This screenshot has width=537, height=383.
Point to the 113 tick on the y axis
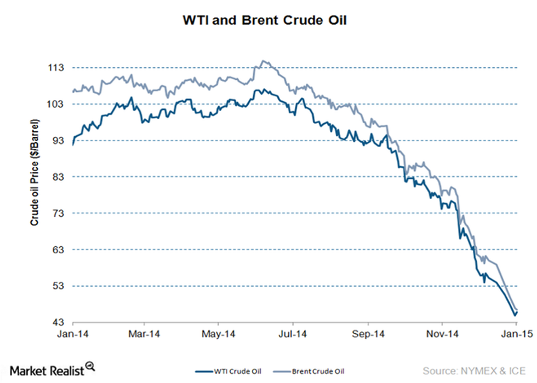click(57, 68)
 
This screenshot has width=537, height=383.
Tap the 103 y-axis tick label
click(57, 104)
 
